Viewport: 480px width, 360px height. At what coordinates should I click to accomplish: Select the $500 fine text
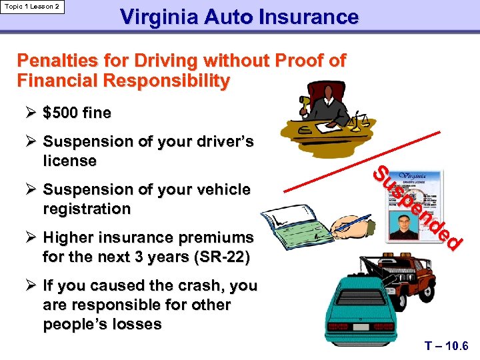tap(77, 113)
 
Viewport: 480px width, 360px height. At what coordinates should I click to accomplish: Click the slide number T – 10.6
tap(447, 346)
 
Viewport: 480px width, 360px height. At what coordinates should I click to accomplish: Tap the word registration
tap(87, 209)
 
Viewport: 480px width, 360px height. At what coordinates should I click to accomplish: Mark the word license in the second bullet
tap(69, 161)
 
